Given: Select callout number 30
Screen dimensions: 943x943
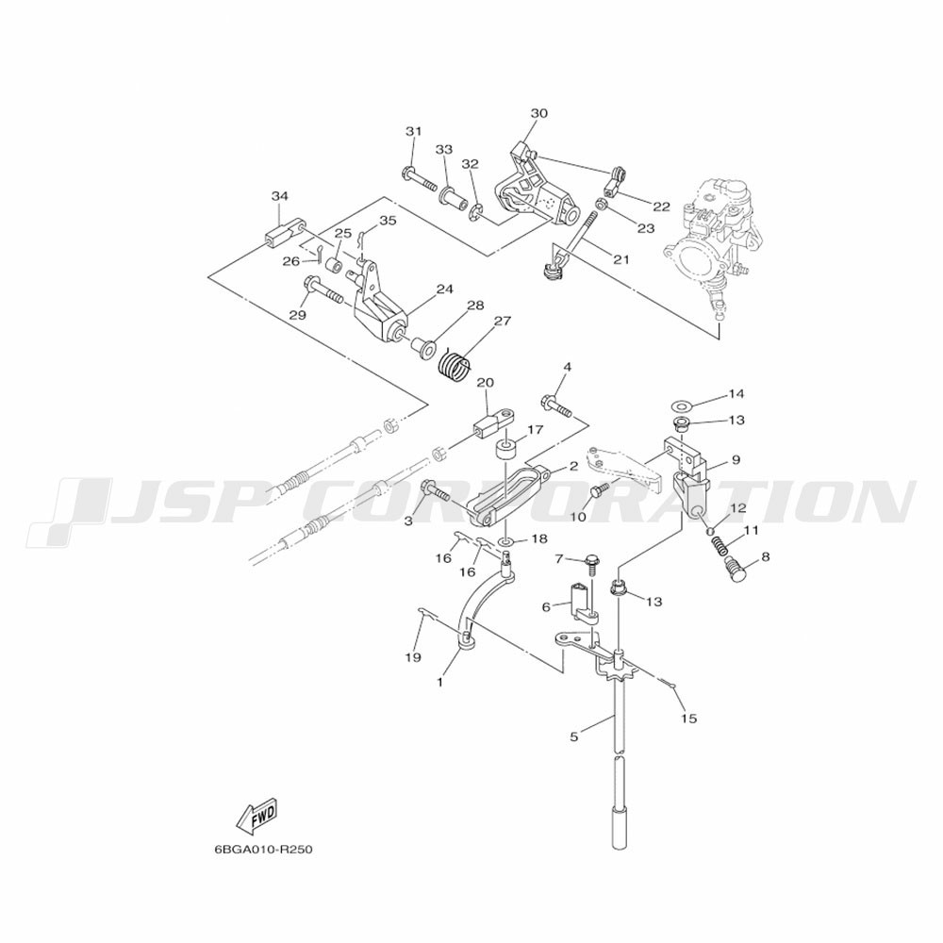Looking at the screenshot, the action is pyautogui.click(x=538, y=113).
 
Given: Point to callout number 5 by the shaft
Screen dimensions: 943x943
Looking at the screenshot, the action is pyautogui.click(x=573, y=736).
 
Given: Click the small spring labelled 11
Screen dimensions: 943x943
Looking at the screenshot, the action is pyautogui.click(x=718, y=546).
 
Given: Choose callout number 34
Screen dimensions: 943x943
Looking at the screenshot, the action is pyautogui.click(x=280, y=196).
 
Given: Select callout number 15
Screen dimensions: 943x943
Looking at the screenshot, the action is pyautogui.click(x=689, y=718).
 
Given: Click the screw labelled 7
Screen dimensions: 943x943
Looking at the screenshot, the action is pyautogui.click(x=590, y=566).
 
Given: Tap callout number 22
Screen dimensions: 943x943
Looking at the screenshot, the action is pyautogui.click(x=661, y=207).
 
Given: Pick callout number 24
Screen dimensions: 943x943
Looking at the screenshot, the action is pyautogui.click(x=444, y=290).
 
